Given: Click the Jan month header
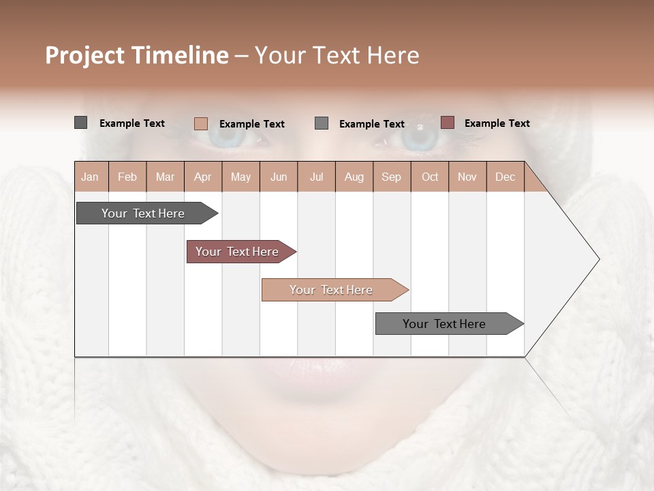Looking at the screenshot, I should coord(91,177).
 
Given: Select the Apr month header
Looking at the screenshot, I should coord(202,177).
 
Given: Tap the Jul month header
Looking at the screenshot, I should coord(316,177).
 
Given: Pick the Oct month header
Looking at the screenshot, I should coord(429,177).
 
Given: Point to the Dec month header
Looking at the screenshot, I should coord(505,177).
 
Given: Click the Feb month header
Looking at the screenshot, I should coord(127,177).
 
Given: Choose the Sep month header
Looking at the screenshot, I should coord(391,177).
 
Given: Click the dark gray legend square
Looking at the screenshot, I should coord(80,123).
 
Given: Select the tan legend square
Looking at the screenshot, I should coord(200,123).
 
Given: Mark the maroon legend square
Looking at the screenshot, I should coord(447,123).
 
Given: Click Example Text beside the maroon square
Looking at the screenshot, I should coord(497,123).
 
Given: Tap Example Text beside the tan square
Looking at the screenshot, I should coord(251,124).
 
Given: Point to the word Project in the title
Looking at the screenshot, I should coord(85,55).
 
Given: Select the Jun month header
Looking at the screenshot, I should coord(278,177).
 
